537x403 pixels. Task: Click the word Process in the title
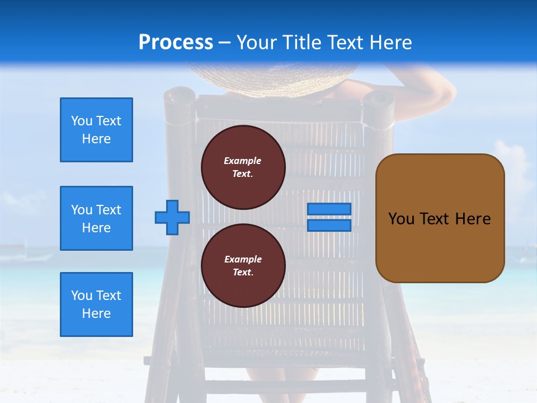point(176,43)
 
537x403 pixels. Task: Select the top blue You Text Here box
point(96,130)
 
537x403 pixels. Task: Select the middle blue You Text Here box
point(96,218)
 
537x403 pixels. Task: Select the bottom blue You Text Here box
point(96,304)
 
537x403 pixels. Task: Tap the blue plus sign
point(172,218)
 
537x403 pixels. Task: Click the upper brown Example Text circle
point(243,167)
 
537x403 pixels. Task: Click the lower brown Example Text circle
point(243,266)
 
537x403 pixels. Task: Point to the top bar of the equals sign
point(329,209)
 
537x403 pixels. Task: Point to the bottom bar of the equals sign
point(329,226)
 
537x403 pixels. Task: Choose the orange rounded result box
point(440,218)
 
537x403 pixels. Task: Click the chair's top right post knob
point(379,101)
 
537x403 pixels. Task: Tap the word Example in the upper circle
point(243,161)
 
